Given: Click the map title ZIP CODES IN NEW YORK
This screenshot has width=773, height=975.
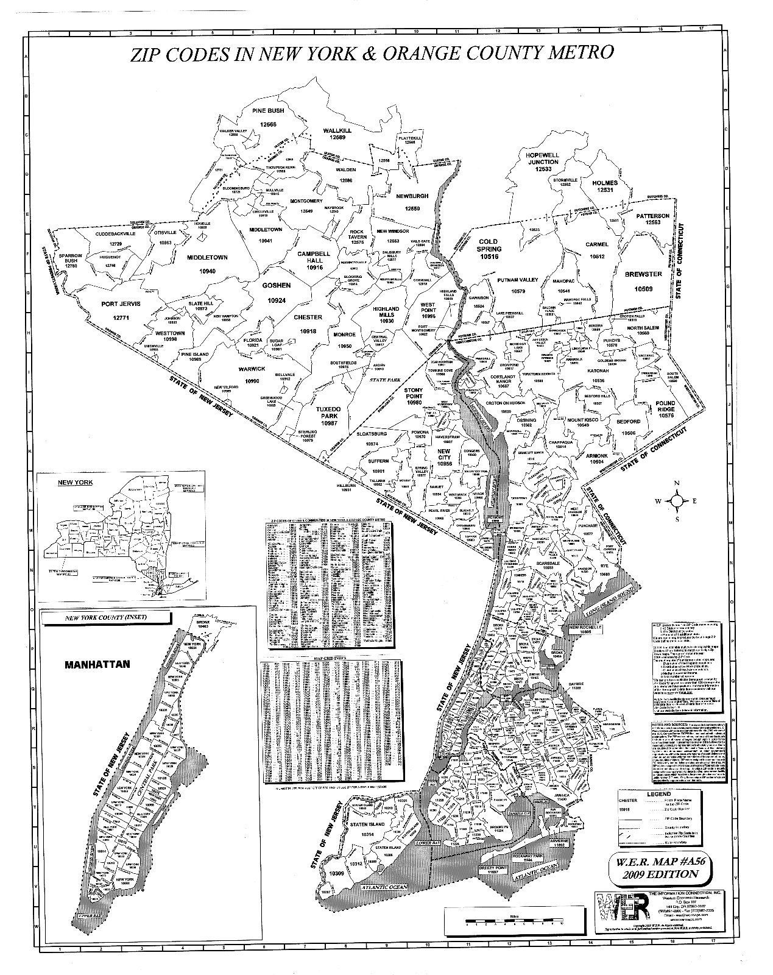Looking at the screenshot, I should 372,54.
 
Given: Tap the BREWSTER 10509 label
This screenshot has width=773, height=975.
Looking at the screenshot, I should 643,281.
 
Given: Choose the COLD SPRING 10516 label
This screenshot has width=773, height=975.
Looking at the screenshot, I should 489,249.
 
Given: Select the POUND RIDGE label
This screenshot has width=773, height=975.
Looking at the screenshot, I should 666,409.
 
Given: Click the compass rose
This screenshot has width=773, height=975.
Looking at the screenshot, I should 677,502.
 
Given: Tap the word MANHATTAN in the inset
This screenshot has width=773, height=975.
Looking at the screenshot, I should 97,664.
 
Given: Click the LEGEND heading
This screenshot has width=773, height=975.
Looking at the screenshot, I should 658,794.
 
